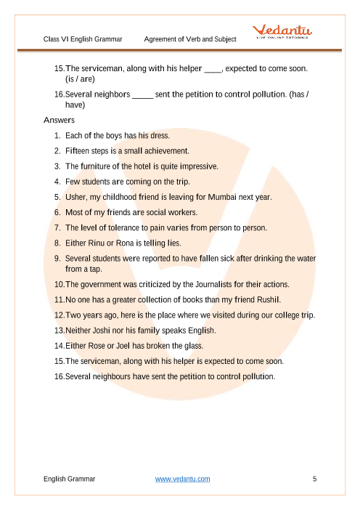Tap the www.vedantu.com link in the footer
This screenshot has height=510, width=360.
183,479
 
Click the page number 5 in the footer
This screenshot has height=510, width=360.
314,479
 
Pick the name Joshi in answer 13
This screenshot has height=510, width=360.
102,331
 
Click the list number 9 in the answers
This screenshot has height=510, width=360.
57,258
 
